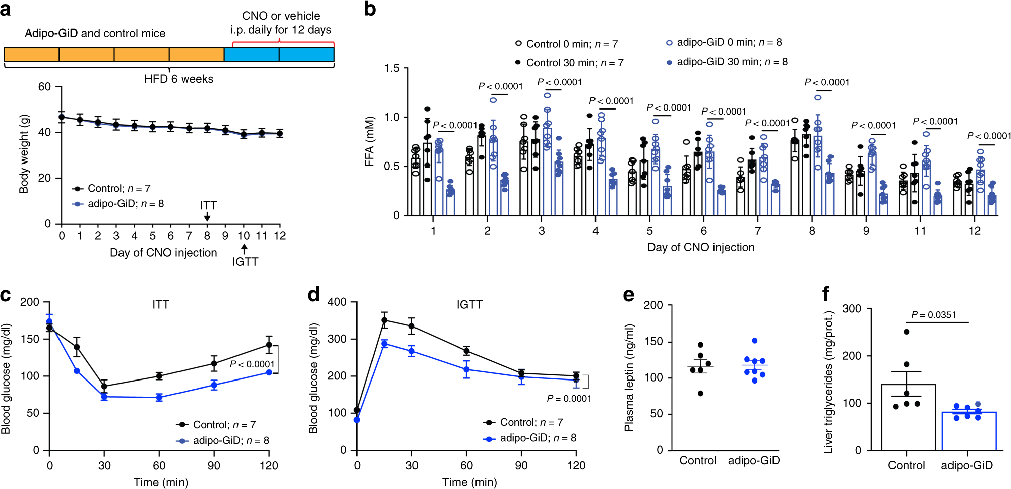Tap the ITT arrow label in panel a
pos(208,206)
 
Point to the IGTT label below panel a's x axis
pos(245,262)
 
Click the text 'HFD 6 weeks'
pos(179,79)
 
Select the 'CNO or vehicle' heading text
pos(281,16)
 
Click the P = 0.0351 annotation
pos(933,315)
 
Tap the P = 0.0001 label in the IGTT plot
pos(569,399)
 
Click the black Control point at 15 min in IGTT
pos(385,320)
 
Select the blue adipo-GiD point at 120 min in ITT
pos(269,372)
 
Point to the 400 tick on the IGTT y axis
pos(337,302)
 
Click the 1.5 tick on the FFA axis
pos(392,68)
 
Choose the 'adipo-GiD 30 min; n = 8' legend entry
pos(727,62)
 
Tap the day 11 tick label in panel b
pos(920,231)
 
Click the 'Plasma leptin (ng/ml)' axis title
pos(629,377)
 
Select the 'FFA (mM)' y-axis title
pos(370,141)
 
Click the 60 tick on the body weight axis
pos(44,87)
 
